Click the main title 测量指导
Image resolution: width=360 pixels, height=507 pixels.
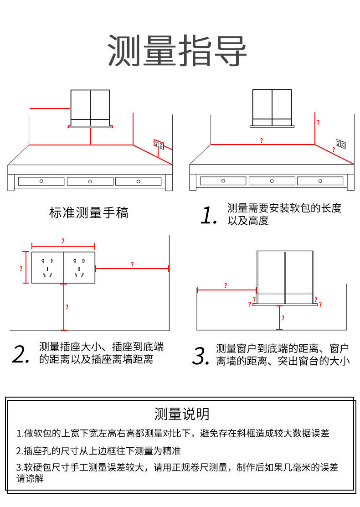[178, 50]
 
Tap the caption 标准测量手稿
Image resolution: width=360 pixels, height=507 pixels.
[89, 212]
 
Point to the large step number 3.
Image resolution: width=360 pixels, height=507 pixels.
[201, 356]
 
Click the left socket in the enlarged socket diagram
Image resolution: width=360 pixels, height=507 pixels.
[47, 268]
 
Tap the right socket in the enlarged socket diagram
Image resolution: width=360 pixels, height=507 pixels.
[79, 268]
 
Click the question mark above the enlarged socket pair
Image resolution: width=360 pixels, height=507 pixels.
[63, 240]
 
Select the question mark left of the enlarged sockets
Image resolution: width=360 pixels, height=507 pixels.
[21, 269]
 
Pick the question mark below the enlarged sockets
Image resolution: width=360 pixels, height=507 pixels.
[67, 307]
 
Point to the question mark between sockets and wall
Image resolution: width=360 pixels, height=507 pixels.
[132, 264]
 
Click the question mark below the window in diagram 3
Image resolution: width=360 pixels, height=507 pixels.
[283, 318]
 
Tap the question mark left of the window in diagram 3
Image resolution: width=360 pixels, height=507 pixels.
[226, 285]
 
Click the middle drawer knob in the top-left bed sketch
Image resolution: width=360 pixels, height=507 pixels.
[90, 181]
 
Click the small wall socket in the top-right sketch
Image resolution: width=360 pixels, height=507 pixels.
[340, 144]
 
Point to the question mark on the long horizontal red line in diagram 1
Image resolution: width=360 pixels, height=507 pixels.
[262, 140]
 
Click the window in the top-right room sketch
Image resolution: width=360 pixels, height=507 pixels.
[272, 107]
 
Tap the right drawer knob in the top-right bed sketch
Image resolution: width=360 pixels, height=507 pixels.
[320, 181]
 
